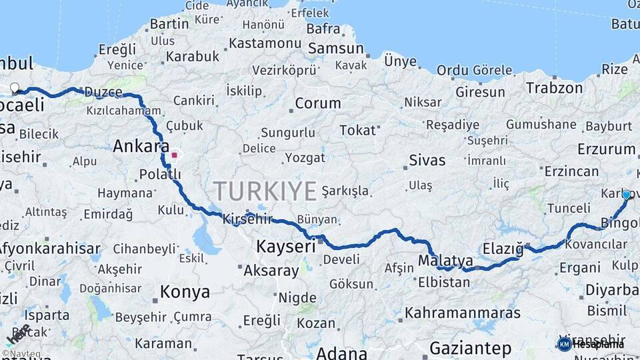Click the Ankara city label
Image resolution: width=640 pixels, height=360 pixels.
tap(141, 146)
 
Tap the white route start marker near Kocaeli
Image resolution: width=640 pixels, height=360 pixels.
tap(15, 87)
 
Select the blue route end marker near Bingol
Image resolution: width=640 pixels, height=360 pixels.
tap(626, 195)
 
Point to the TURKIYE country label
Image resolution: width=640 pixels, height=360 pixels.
tap(265, 191)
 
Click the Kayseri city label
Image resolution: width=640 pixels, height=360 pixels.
tap(285, 247)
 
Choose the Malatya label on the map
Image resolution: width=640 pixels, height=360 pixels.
tap(446, 260)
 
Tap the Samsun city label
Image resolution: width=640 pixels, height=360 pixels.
tap(335, 49)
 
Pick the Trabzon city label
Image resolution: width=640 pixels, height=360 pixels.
tap(554, 87)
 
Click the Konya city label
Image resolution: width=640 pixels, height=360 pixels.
tap(185, 292)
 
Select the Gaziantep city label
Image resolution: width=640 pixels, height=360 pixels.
tap(470, 348)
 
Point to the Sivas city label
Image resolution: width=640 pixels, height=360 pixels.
tap(427, 160)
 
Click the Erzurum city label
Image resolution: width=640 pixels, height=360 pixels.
tap(607, 149)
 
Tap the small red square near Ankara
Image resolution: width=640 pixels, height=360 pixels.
tap(174, 155)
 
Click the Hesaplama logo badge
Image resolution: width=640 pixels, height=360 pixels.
tap(591, 344)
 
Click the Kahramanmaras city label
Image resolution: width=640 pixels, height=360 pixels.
tap(463, 312)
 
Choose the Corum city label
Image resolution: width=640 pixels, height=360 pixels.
tap(317, 103)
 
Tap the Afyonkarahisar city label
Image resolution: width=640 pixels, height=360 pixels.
tap(49, 249)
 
